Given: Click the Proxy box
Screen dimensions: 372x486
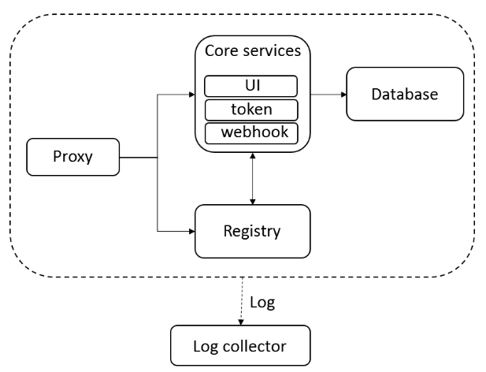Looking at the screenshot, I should click(x=72, y=156).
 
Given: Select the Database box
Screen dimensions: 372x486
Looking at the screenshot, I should click(x=404, y=95).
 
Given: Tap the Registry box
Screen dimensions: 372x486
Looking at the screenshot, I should click(x=251, y=232).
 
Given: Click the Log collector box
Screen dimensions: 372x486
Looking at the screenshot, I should click(x=240, y=345).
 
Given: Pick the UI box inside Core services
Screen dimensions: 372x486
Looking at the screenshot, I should click(x=251, y=85).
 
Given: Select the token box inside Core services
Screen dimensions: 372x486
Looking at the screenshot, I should click(x=251, y=110).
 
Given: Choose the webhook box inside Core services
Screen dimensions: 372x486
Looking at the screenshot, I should click(x=251, y=133).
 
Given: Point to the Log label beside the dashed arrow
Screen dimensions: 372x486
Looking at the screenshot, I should click(x=262, y=302).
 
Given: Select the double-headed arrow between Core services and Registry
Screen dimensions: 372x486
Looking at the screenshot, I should click(x=251, y=178).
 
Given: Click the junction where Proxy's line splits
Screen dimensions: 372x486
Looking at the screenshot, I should click(x=158, y=156).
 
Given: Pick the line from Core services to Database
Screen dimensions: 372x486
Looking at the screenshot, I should click(x=325, y=95).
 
